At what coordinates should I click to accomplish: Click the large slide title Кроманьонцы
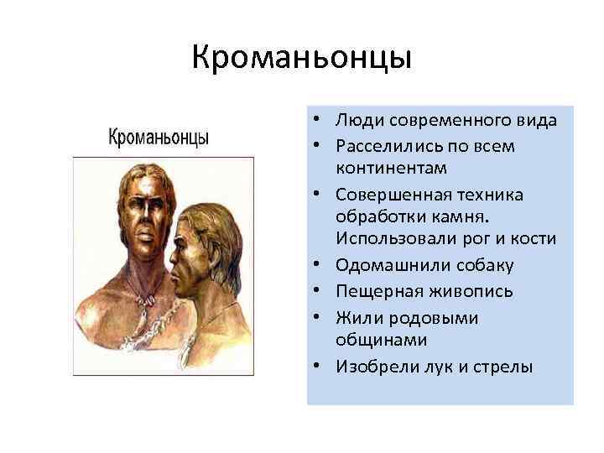pos(301,58)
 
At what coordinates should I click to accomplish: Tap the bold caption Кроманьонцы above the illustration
pos(159,137)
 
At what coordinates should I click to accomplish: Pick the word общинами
pos(372,340)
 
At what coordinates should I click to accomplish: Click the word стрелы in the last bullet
pos(506,366)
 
